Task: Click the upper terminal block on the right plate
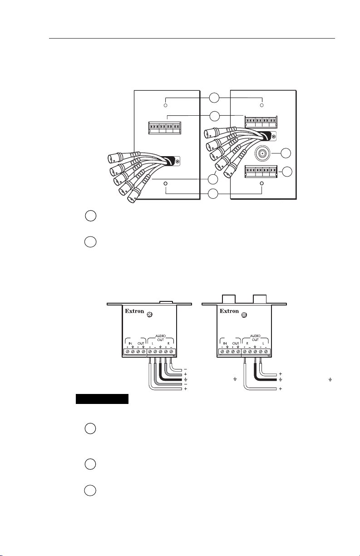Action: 261,121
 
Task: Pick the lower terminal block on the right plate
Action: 261,171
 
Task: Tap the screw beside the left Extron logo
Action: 154,315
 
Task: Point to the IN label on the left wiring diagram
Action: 129,344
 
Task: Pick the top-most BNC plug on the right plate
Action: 212,135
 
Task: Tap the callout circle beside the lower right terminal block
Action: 286,172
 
